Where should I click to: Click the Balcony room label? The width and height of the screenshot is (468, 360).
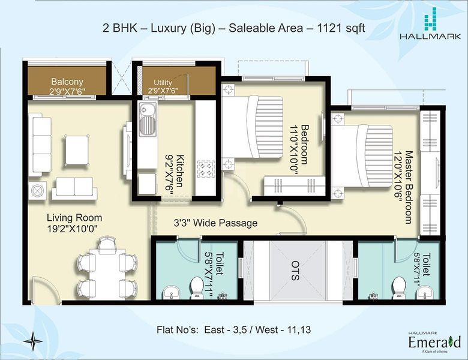(67, 82)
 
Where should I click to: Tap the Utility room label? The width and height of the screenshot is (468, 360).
(163, 82)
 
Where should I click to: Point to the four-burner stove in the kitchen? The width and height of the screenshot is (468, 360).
(206, 169)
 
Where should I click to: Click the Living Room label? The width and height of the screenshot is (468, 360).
(74, 218)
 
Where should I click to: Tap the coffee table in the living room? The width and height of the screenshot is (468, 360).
(77, 150)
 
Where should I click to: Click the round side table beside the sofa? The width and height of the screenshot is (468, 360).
(37, 190)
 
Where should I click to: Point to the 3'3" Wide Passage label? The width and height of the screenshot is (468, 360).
(215, 223)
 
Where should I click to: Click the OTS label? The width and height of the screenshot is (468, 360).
(295, 271)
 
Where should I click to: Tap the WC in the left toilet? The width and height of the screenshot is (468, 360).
(197, 286)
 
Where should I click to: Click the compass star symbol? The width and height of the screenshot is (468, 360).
(32, 341)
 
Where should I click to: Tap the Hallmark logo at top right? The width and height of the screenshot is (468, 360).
(430, 23)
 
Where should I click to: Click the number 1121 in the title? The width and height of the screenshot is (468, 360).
(329, 28)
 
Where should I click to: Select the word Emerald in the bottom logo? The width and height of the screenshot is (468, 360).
(434, 342)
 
